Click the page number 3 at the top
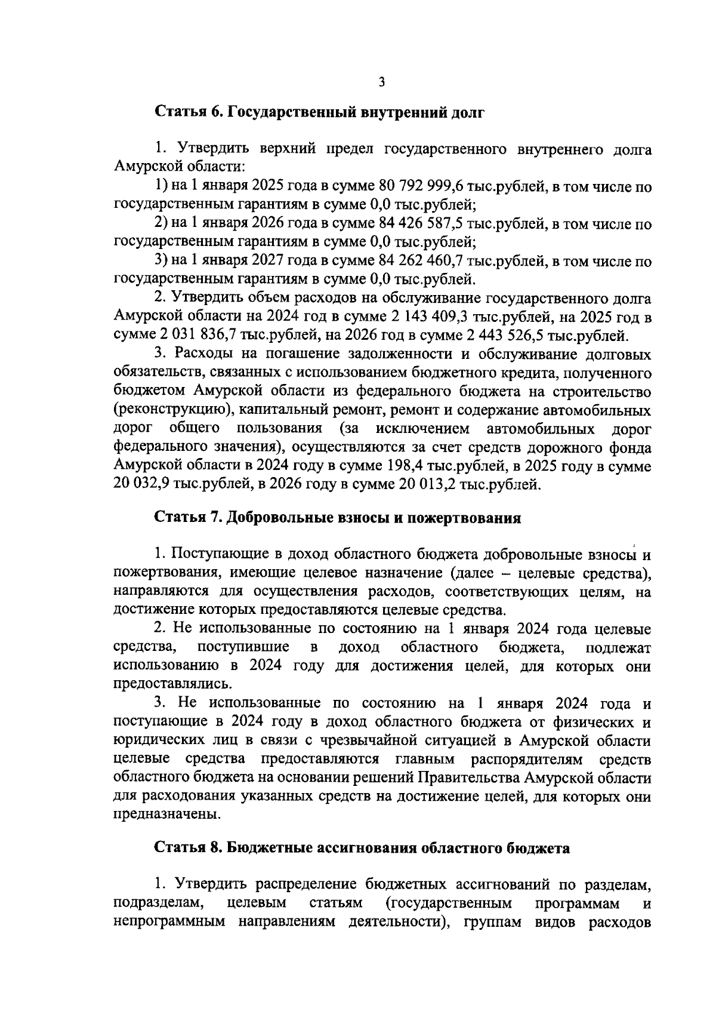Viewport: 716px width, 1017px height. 381,82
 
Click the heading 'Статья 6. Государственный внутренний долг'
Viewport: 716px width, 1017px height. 319,112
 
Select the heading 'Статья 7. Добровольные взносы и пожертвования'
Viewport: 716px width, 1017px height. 338,518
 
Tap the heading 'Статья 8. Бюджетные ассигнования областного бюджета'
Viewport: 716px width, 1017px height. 362,848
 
